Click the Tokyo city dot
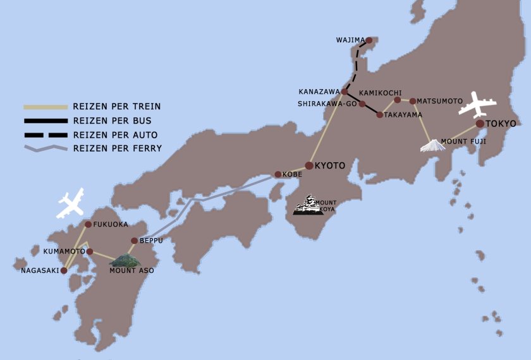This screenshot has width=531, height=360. [x=480, y=123]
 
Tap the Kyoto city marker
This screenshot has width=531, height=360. [x=309, y=165]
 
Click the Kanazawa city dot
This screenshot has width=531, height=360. [x=345, y=92]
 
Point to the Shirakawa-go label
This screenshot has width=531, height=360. [x=327, y=104]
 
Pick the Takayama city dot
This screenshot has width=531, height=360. [x=379, y=115]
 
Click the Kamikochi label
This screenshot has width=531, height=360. [x=380, y=93]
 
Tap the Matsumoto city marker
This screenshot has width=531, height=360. [x=413, y=101]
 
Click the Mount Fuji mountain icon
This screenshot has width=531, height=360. [x=433, y=146]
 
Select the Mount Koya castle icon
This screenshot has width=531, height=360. [x=308, y=205]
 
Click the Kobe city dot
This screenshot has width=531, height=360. [x=278, y=174]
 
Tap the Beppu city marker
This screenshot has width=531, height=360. [x=134, y=241]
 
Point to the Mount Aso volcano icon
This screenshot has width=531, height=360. [x=125, y=260]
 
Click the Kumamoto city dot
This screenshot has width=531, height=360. [x=90, y=251]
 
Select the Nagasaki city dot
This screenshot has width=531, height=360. [x=64, y=270]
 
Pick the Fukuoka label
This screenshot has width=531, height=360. [x=111, y=224]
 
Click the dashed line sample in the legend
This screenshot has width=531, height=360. [x=45, y=135]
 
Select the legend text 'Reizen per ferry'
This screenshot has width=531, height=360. [x=118, y=148]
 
